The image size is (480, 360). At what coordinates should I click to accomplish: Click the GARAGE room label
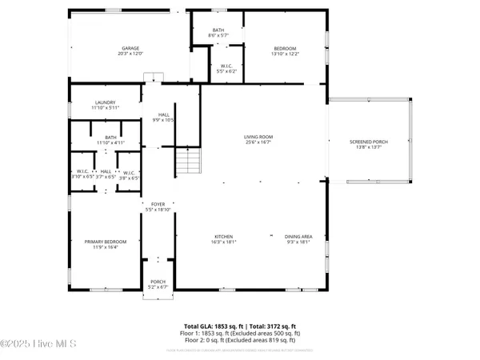pyautogui.click(x=130, y=48)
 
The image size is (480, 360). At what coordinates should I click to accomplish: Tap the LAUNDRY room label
pyautogui.click(x=106, y=102)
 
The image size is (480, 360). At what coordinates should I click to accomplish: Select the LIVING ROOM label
pyautogui.click(x=258, y=138)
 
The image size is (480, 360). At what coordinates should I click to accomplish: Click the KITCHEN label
pyautogui.click(x=223, y=236)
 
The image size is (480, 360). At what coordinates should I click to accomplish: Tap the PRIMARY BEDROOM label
pyautogui.click(x=106, y=242)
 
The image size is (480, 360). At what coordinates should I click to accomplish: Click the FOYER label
pyautogui.click(x=158, y=204)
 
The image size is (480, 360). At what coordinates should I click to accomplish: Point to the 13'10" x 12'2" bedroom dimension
pyautogui.click(x=286, y=54)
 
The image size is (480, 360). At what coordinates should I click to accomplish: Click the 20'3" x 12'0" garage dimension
pyautogui.click(x=130, y=54)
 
